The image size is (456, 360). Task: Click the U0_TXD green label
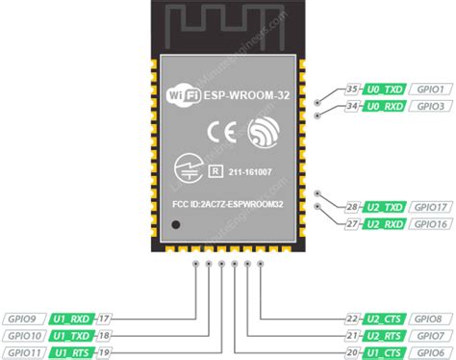click(384, 90)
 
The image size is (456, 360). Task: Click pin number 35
click(353, 90)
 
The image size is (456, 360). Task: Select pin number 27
click(353, 223)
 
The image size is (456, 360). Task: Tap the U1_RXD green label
click(71, 318)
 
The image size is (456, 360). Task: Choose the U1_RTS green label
click(71, 352)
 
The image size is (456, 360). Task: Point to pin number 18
click(105, 335)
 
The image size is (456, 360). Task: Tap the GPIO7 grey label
click(427, 335)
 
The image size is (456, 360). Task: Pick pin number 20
click(353, 352)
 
